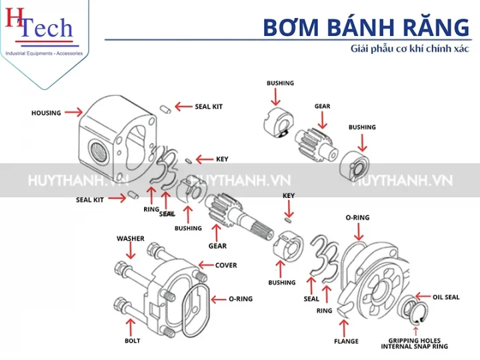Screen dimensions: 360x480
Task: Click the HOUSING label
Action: pyautogui.click(x=45, y=113)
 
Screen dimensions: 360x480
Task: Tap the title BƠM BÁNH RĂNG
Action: pyautogui.click(x=365, y=27)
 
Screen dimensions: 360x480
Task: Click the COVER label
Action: pyautogui.click(x=226, y=265)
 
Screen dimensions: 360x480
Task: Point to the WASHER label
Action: pyautogui.click(x=130, y=238)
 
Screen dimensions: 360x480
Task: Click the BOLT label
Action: pyautogui.click(x=132, y=341)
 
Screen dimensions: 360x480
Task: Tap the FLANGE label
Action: pyautogui.click(x=346, y=341)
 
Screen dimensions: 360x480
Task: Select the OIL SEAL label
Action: pyautogui.click(x=446, y=297)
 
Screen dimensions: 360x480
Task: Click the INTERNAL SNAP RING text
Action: pyautogui.click(x=415, y=347)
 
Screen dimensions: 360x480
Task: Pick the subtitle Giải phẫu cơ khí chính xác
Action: pyautogui.click(x=410, y=49)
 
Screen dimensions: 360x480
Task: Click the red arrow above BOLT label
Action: pyautogui.click(x=132, y=327)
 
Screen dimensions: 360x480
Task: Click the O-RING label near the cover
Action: pyautogui.click(x=241, y=299)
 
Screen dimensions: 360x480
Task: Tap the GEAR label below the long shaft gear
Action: pyautogui.click(x=217, y=246)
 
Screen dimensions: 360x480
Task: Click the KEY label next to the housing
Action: pyautogui.click(x=222, y=159)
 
